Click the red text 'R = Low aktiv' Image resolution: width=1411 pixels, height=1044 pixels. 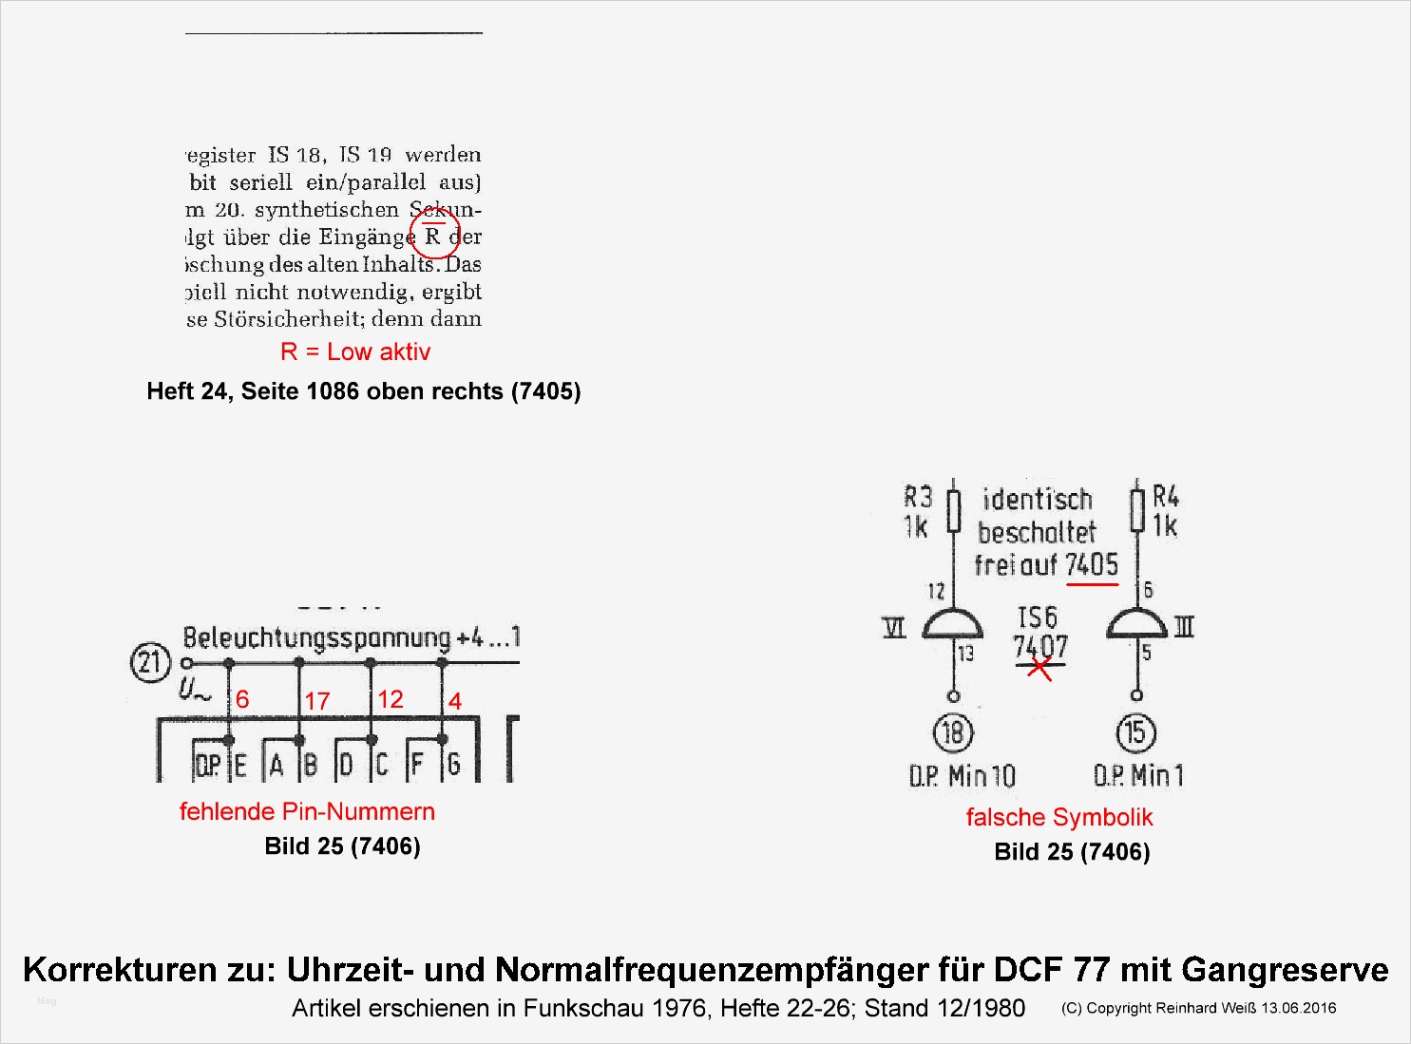click(x=355, y=352)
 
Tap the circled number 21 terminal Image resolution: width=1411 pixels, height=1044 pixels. click(x=149, y=662)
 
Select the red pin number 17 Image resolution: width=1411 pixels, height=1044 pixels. click(x=317, y=701)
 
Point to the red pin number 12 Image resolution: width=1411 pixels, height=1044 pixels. click(x=391, y=699)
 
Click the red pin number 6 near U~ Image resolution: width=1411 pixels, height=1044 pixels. click(x=242, y=700)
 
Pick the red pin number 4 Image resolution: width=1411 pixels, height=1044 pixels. click(x=455, y=701)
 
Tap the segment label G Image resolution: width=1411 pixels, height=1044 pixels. click(x=454, y=765)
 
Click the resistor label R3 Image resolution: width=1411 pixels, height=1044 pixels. click(x=918, y=497)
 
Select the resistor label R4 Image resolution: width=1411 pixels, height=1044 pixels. click(x=1166, y=497)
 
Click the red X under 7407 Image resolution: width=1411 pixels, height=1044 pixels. click(x=1040, y=669)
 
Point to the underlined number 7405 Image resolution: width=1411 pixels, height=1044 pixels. click(x=1092, y=565)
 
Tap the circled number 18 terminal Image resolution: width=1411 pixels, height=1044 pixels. click(x=953, y=732)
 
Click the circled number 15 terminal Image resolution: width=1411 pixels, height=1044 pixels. click(x=1135, y=732)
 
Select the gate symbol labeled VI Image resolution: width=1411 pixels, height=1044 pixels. click(x=953, y=625)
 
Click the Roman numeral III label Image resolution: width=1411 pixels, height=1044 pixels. click(x=1184, y=626)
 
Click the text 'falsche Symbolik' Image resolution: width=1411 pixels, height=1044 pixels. click(x=1058, y=817)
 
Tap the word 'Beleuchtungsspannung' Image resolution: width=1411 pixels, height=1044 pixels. click(x=316, y=637)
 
